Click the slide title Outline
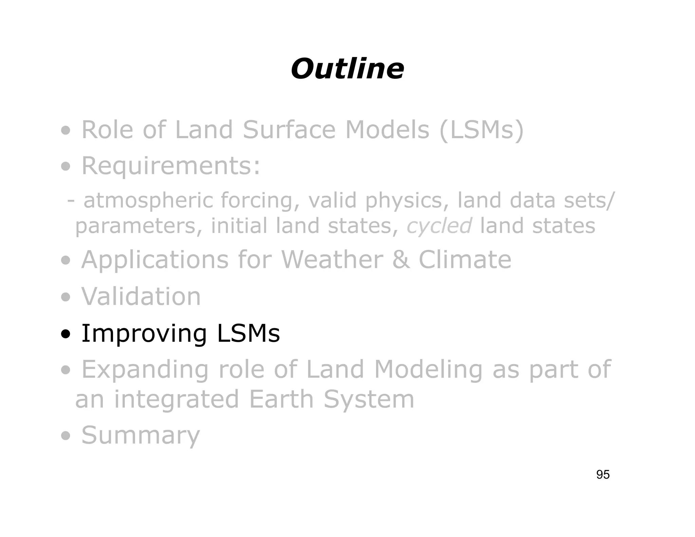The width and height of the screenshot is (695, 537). click(x=347, y=69)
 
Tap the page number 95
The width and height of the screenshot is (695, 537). click(x=603, y=475)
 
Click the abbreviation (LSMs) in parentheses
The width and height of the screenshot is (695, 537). click(x=482, y=130)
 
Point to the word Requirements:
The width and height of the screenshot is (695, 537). click(x=171, y=166)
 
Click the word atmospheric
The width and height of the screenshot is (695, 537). click(x=148, y=201)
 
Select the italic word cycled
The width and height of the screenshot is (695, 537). click(x=439, y=226)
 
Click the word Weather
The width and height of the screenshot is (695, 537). click(x=332, y=260)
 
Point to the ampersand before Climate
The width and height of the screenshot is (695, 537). click(x=401, y=260)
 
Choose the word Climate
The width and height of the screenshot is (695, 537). click(x=465, y=260)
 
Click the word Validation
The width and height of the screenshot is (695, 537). click(x=141, y=297)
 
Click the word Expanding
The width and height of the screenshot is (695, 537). click(x=145, y=370)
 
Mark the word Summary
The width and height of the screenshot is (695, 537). click(x=141, y=436)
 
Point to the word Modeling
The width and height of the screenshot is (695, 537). click(x=428, y=370)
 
